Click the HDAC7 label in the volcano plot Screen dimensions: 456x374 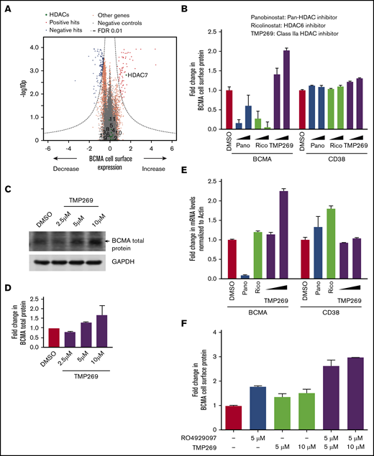(140, 75)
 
